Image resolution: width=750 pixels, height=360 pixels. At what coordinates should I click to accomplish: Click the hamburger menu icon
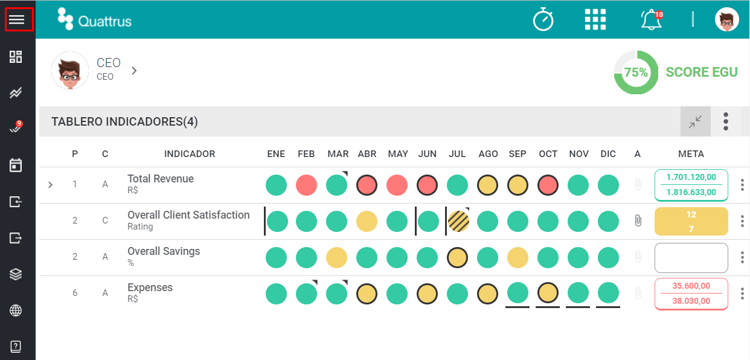16,19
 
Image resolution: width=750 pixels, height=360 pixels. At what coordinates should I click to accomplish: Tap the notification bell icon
651,20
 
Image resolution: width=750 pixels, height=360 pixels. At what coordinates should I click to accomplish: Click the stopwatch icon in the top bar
543,19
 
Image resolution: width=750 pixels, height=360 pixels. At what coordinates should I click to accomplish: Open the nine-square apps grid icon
595,19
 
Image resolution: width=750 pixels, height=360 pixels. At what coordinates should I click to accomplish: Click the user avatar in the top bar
727,19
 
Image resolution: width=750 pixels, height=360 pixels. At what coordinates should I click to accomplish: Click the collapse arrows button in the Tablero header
696,121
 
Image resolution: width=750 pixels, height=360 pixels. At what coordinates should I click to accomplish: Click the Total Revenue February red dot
306,185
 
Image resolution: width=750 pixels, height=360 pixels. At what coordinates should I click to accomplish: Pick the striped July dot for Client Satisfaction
458,221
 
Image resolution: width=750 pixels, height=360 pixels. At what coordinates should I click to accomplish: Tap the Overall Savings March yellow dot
336,257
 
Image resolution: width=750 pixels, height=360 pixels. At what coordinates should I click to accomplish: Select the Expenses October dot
548,293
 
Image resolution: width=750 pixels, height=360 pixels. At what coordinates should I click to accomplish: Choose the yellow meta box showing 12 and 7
691,221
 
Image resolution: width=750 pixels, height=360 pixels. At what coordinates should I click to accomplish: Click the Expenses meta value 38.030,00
691,301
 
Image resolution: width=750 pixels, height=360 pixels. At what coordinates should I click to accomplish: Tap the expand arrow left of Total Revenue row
50,185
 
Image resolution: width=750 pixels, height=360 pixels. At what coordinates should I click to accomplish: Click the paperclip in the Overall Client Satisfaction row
638,220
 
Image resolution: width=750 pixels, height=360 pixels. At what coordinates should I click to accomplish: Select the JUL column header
457,153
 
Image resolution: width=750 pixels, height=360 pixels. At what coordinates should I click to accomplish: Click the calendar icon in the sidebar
16,165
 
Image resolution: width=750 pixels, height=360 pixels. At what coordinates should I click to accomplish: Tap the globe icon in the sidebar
16,310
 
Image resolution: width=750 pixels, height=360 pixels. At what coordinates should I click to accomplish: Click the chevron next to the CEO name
134,71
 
